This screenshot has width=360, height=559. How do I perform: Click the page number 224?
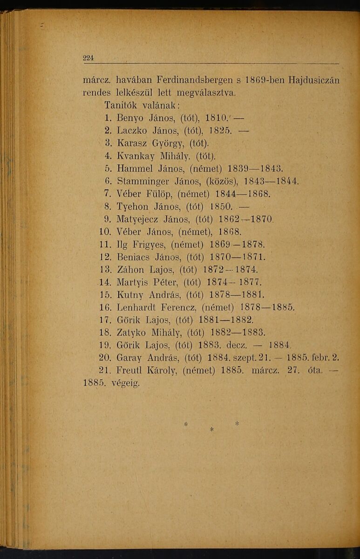[88, 58]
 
